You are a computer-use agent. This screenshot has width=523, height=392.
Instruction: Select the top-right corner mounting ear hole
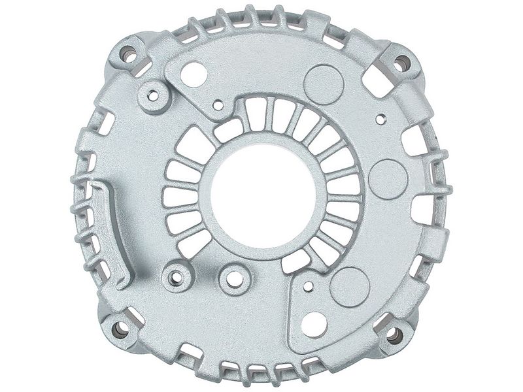pos(402,63)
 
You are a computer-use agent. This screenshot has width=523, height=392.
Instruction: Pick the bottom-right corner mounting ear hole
pos(394,336)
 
